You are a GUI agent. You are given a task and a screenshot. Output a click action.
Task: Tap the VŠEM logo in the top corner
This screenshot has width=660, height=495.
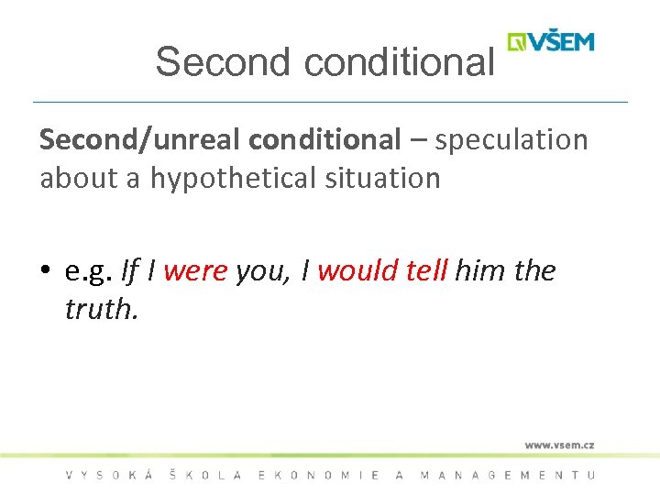552,42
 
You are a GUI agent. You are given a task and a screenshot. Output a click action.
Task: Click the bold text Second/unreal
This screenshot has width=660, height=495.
140,140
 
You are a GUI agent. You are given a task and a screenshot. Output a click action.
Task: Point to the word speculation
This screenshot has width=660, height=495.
511,140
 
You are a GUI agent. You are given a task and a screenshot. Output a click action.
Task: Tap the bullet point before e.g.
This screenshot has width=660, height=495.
46,272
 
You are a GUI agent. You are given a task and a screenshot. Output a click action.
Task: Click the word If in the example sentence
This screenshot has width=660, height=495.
129,271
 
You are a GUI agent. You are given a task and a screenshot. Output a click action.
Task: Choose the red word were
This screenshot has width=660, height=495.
195,271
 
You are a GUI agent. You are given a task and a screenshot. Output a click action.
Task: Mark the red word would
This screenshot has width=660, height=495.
353,271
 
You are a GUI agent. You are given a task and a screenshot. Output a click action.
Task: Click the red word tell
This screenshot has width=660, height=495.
424,271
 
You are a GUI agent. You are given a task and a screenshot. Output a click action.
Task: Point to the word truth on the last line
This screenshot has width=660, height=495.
100,310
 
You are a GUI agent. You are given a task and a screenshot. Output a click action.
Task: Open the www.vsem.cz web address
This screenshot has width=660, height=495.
559,445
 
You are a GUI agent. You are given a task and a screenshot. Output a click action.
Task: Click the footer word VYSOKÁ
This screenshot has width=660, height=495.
106,475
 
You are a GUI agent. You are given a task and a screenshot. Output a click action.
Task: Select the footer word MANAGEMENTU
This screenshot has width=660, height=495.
507,475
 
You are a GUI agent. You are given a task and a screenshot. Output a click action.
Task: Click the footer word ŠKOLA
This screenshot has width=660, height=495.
206,475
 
